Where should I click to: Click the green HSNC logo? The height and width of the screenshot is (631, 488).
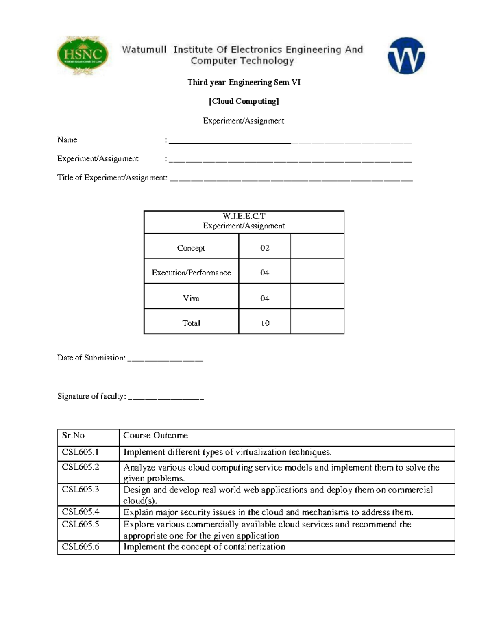[x=83, y=55]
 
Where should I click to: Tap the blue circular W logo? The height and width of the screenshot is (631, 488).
[x=406, y=56]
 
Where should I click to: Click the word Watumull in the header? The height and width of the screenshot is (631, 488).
[x=144, y=50]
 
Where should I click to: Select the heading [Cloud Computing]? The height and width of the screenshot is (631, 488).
[x=244, y=101]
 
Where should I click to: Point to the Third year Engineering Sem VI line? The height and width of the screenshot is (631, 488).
[x=244, y=82]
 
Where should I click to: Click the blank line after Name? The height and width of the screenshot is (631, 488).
[x=290, y=141]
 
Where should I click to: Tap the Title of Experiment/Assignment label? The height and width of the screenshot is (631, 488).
[x=112, y=178]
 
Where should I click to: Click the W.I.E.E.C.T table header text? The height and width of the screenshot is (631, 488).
[x=244, y=216]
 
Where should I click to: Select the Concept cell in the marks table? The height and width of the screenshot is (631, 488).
[x=191, y=248]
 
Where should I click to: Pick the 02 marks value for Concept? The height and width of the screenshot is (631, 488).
[x=265, y=248]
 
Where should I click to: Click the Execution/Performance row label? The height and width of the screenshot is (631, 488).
[x=191, y=273]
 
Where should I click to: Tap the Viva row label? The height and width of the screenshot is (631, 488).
[x=191, y=298]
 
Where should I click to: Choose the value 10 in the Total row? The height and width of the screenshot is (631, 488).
[x=265, y=323]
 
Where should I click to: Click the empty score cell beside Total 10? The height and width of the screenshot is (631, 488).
[x=317, y=322]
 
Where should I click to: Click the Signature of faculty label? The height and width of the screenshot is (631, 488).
[x=91, y=396]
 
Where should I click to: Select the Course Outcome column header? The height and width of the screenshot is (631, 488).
[x=155, y=436]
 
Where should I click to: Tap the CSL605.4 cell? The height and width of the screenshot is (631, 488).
[x=81, y=512]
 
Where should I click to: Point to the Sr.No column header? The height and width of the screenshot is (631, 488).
[x=73, y=436]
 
